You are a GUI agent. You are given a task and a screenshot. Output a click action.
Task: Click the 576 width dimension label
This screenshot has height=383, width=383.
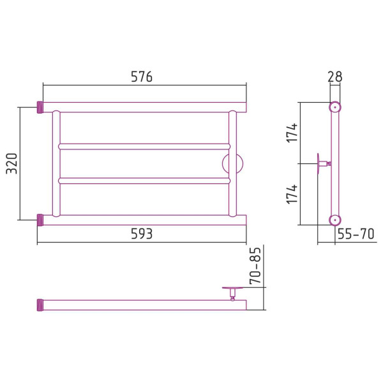142,77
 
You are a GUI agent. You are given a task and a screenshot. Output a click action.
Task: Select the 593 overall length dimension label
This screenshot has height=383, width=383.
142,234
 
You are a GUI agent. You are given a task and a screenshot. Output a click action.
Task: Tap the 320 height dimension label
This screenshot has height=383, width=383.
11,163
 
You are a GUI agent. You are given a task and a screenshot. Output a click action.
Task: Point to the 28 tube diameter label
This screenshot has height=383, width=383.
335,77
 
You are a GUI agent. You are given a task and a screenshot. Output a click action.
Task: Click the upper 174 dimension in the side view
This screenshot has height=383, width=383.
292,133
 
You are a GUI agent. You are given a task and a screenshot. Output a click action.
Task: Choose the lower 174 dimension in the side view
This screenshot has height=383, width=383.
292,194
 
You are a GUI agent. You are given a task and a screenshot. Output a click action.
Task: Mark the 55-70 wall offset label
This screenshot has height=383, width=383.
356,234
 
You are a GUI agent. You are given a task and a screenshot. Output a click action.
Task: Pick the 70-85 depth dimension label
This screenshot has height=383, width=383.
255,266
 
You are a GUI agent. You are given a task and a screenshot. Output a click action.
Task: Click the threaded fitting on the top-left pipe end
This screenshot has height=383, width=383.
40,107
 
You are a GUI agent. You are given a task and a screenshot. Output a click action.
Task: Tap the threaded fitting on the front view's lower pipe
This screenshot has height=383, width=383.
40,220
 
